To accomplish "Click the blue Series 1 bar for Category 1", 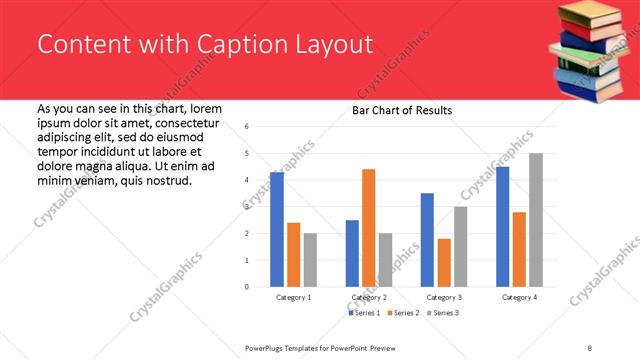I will [x=277, y=229].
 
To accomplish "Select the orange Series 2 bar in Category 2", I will [x=368, y=228].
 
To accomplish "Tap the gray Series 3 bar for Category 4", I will [x=535, y=220].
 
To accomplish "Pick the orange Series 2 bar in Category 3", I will [x=444, y=262].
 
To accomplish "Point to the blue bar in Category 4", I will [x=502, y=226].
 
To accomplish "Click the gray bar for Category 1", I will [x=310, y=260].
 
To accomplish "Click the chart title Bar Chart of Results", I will [x=402, y=110].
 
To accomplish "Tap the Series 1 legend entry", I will [x=364, y=313].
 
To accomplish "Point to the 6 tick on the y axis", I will [x=246, y=127].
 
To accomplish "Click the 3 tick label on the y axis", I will [x=246, y=207].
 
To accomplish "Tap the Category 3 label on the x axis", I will [x=443, y=297].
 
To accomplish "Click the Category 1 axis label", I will [x=293, y=297].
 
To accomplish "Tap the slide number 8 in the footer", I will [x=590, y=346].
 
